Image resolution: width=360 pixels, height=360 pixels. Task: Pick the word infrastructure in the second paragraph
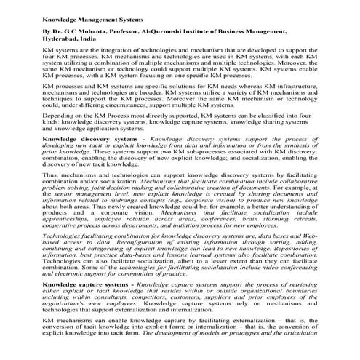click(289, 87)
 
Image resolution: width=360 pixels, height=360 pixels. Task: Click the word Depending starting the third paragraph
click(60, 116)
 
